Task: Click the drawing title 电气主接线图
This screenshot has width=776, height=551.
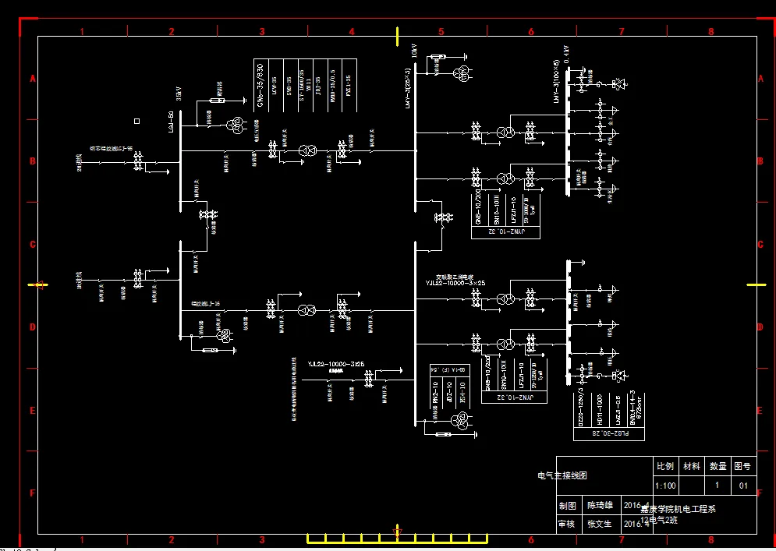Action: (562, 475)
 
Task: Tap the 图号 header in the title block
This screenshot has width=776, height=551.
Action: (742, 466)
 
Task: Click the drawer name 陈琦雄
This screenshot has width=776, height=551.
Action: (601, 505)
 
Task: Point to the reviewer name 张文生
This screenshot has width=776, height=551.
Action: (601, 524)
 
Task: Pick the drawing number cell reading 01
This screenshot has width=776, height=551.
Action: (742, 486)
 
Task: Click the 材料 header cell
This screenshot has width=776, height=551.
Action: (691, 466)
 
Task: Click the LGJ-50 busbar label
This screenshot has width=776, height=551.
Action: (171, 122)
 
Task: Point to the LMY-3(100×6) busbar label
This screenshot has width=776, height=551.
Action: (557, 82)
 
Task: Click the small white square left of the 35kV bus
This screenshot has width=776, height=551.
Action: (137, 121)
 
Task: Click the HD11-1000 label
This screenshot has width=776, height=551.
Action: (600, 408)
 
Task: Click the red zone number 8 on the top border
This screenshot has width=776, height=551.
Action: (710, 32)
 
